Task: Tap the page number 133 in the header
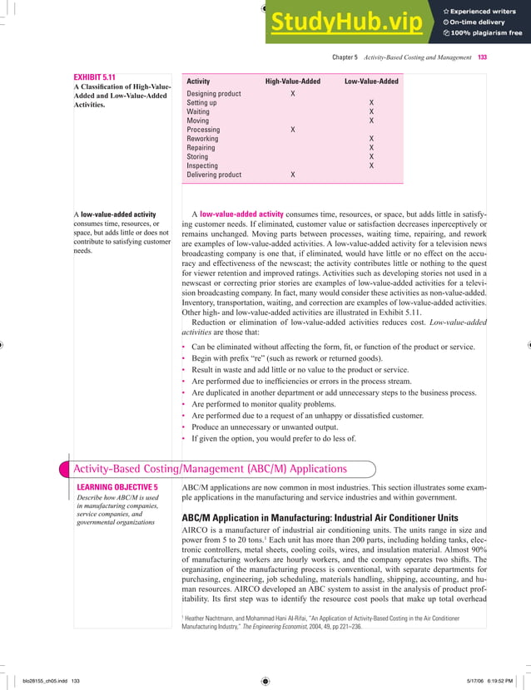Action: coord(482,57)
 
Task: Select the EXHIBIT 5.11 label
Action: coord(94,78)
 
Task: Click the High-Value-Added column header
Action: coord(292,81)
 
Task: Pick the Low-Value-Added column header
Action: coord(371,81)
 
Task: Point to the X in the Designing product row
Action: coord(292,94)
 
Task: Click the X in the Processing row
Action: coord(292,131)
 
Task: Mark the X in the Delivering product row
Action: coord(292,175)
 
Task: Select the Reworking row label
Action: coord(202,139)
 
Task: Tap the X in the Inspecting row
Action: coord(371,166)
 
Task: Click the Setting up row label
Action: coord(201,103)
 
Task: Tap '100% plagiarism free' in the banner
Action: coord(484,33)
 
